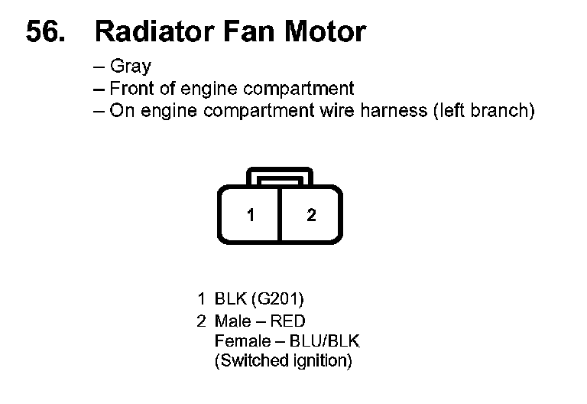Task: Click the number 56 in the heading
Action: [45, 32]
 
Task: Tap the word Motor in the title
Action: [325, 32]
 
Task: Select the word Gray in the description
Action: [131, 67]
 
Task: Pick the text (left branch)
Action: [484, 110]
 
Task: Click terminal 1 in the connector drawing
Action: [251, 215]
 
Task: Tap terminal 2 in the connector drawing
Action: [311, 215]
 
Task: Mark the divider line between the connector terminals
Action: [281, 215]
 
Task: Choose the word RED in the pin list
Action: [287, 321]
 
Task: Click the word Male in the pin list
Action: [232, 321]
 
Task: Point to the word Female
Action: [240, 340]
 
